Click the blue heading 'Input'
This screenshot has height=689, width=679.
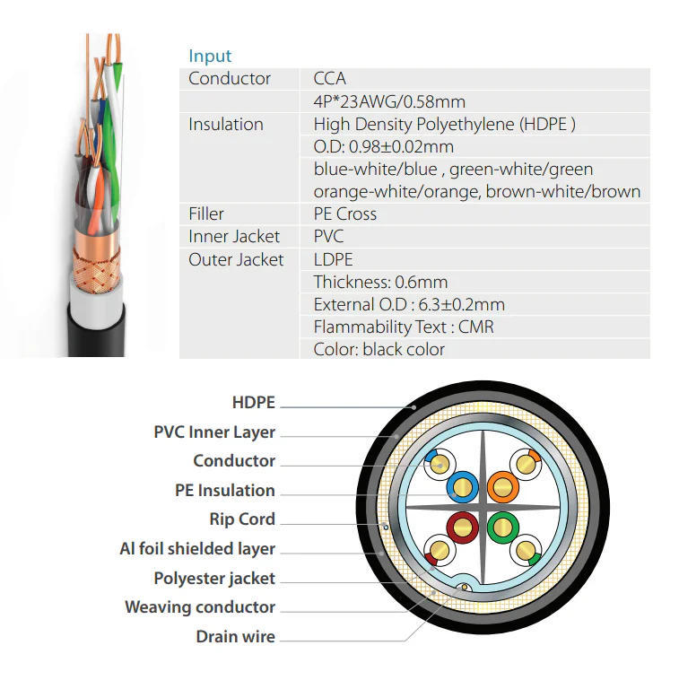(210, 57)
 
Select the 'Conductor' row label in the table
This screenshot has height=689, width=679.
(230, 79)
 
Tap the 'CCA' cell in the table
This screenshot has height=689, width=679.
(330, 79)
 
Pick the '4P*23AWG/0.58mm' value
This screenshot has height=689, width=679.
(389, 101)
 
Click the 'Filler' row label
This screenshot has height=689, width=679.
(206, 214)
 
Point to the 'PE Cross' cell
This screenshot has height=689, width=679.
(345, 214)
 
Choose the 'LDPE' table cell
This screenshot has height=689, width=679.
(334, 259)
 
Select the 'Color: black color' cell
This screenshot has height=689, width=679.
(379, 349)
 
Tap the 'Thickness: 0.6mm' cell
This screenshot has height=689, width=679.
(381, 282)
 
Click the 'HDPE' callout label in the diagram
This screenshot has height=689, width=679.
(253, 403)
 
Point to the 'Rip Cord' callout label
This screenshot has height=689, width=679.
(242, 519)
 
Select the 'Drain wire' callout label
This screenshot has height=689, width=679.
(236, 637)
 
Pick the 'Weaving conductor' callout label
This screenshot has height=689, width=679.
(200, 607)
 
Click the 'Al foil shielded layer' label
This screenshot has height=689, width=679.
(197, 549)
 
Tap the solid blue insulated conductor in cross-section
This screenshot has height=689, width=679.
(463, 488)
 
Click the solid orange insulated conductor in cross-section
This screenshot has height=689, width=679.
(503, 488)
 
